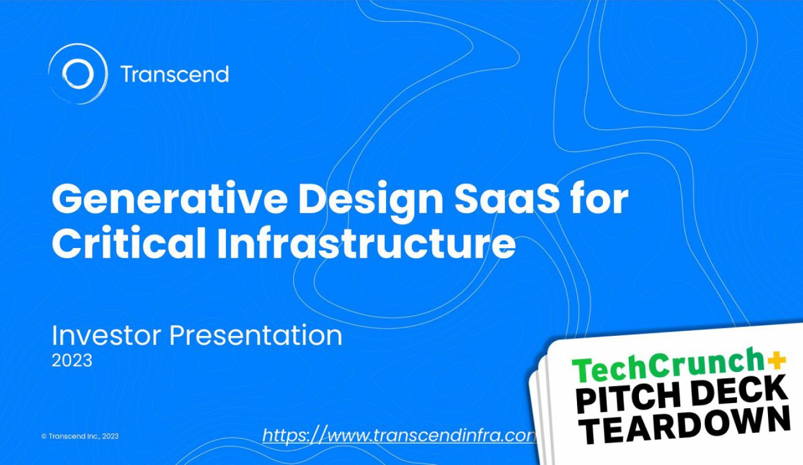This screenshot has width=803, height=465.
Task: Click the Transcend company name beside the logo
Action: click(174, 74)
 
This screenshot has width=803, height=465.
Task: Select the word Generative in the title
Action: click(170, 199)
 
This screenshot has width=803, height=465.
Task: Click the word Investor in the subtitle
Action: click(107, 335)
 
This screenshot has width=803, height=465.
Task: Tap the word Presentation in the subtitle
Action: click(256, 335)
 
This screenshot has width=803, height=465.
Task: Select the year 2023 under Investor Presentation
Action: click(72, 361)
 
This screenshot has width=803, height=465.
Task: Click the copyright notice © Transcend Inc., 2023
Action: click(80, 436)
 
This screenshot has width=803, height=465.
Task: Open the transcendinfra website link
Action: click(399, 436)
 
